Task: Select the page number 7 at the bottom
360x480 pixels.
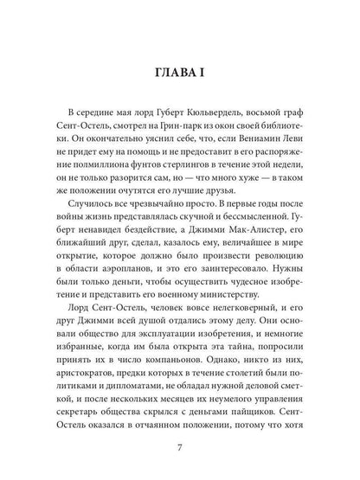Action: (180, 451)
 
